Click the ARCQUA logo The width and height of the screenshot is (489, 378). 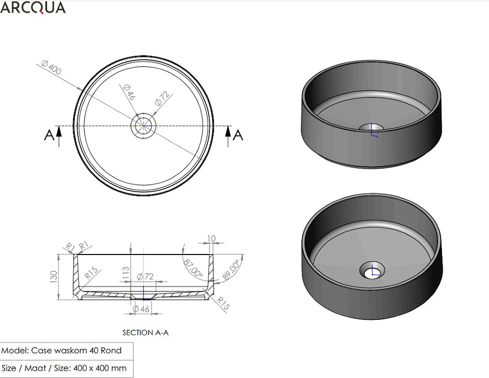point(33,7)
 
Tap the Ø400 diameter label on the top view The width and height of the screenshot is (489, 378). point(51,68)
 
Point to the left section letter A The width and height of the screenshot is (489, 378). point(49,135)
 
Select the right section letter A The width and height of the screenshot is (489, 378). point(238,135)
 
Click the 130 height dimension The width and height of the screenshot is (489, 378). point(54,277)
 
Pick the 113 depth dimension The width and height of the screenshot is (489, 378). point(126,273)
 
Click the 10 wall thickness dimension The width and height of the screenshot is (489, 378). point(211,239)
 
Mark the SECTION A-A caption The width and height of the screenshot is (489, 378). point(145,333)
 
